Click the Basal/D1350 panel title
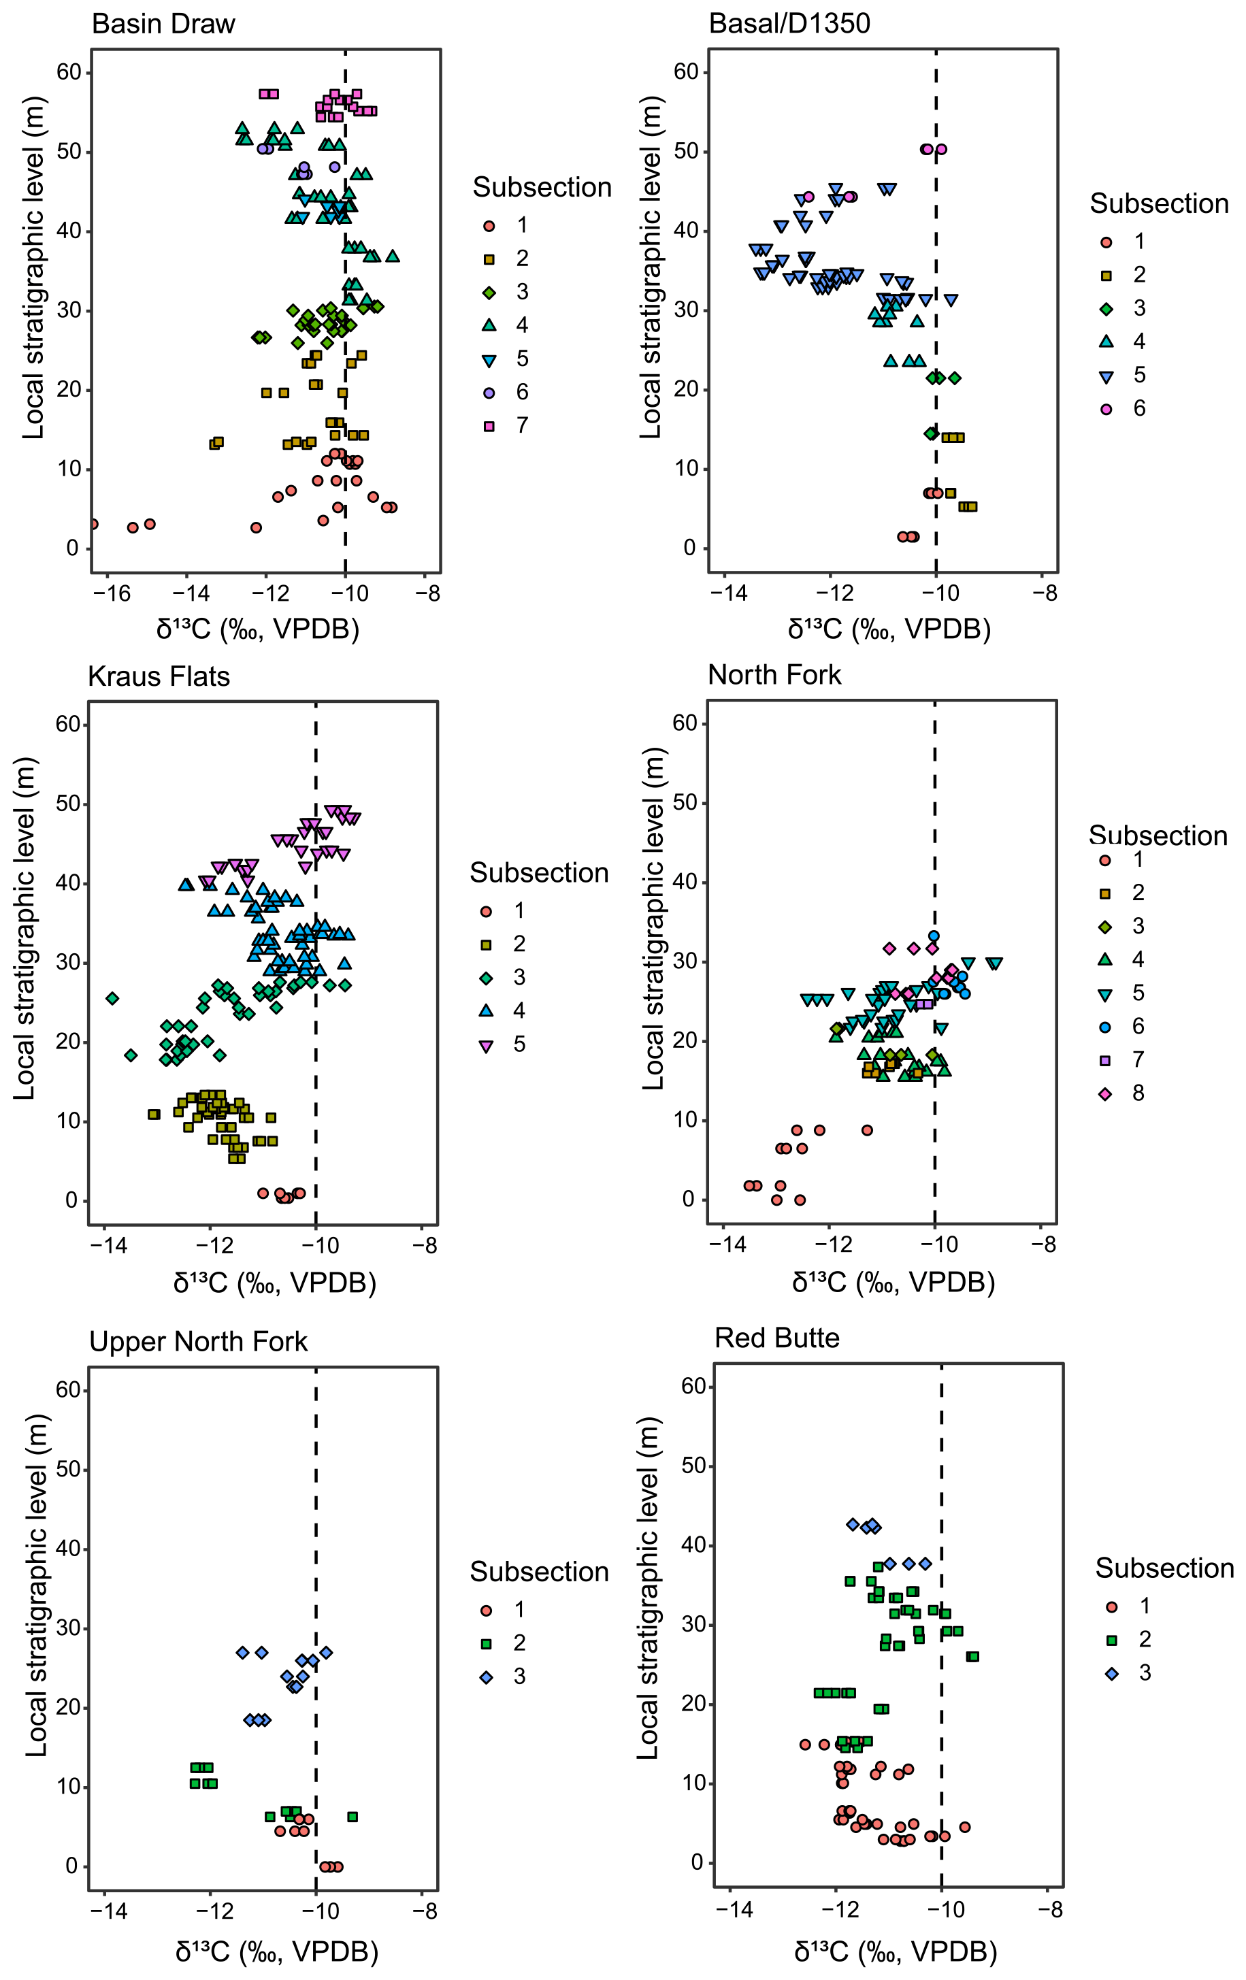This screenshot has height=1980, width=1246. point(789,23)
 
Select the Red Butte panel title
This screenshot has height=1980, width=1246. point(776,1338)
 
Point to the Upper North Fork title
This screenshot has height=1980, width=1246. point(197,1341)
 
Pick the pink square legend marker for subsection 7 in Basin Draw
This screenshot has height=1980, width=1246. point(489,426)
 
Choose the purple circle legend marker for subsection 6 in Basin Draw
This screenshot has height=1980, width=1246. point(489,392)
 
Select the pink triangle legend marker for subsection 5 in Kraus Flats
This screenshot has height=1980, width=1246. point(486,1045)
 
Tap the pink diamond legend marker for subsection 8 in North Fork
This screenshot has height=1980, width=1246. point(1105,1093)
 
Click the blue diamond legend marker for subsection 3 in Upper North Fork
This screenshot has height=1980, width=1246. point(486,1677)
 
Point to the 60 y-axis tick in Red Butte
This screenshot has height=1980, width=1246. point(694,1386)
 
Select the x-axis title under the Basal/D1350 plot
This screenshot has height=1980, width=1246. point(888,629)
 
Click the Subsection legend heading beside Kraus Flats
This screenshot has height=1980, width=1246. point(539,872)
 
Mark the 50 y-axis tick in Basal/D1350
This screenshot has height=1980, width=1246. point(686,151)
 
